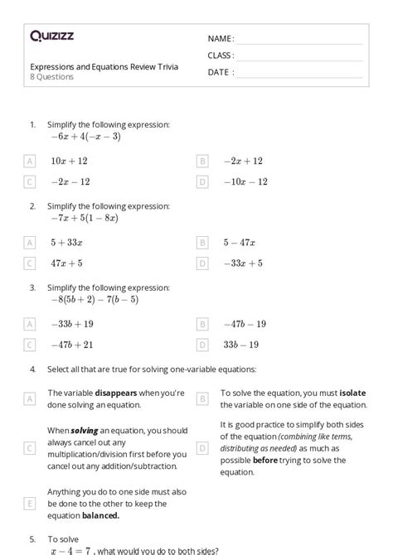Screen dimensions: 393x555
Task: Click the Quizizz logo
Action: pos(51,36)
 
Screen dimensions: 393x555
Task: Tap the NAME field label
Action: pos(220,39)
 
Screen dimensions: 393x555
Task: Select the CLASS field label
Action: pos(221,55)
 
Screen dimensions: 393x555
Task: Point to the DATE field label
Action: pos(220,72)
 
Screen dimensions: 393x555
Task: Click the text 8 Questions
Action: pos(51,77)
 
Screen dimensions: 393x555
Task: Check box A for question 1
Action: pos(31,162)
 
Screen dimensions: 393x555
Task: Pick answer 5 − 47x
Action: pos(239,243)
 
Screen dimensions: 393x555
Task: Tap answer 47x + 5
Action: pos(65,263)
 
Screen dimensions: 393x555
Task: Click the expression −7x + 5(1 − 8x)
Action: pos(84,219)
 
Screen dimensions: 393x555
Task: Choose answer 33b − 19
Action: pos(240,345)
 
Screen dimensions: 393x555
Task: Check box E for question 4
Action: pos(31,503)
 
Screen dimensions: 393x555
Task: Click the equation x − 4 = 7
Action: pos(73,549)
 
